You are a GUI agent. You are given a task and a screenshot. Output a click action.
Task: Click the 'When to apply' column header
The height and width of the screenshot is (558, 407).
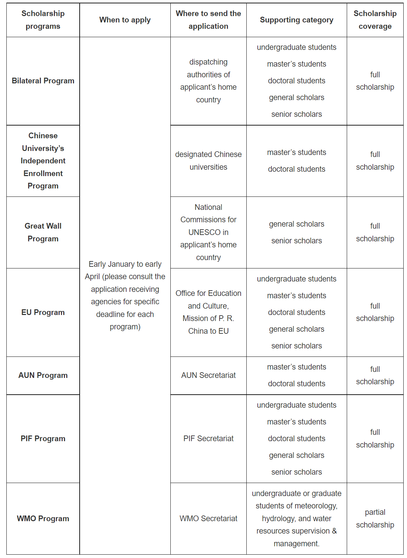(125, 20)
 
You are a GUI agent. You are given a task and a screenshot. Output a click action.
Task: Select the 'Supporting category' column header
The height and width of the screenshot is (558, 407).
(297, 20)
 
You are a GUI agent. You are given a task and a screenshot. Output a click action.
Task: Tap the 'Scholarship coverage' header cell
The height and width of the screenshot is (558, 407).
(375, 20)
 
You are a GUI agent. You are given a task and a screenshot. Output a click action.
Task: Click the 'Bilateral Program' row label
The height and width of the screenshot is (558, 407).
(43, 81)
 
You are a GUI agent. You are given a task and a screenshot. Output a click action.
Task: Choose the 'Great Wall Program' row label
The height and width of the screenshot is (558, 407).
(43, 232)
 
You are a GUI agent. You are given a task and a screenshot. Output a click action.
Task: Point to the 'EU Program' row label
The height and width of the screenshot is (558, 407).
(43, 312)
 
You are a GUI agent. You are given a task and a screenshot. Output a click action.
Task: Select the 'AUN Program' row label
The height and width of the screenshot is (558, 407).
(43, 375)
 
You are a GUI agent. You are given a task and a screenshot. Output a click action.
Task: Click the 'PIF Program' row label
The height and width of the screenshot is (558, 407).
(43, 439)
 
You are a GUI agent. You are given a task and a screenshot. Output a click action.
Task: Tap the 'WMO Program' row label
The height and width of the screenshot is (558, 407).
(43, 519)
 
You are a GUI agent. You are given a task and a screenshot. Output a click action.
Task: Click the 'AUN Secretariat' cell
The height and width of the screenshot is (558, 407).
(208, 375)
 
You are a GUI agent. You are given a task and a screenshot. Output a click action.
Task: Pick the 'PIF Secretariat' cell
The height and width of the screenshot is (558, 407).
(208, 439)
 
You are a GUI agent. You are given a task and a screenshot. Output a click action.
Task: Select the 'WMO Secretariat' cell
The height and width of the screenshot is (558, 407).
(208, 519)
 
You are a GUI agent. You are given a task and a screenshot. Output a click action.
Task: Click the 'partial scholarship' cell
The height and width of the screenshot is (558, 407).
(375, 519)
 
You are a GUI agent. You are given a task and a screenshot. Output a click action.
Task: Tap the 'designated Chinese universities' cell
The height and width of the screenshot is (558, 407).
(208, 161)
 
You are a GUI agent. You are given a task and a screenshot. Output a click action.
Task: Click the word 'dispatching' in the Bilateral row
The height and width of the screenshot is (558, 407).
(208, 62)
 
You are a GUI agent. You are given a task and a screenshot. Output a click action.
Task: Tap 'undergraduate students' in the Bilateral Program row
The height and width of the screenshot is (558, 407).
(297, 48)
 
